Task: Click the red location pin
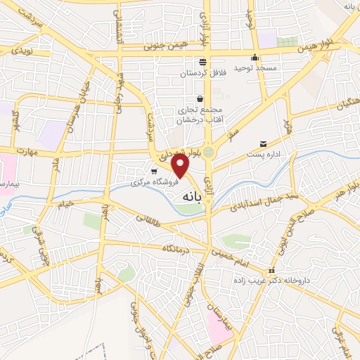tap(181, 165)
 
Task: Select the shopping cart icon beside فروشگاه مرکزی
tap(154, 171)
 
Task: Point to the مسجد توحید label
tap(252, 67)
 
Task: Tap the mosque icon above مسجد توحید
tap(255, 57)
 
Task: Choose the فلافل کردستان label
tap(202, 73)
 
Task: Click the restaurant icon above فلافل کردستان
tap(202, 62)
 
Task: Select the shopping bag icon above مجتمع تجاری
tap(201, 99)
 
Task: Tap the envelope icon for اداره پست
tap(264, 143)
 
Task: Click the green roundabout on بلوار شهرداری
tap(209, 151)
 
